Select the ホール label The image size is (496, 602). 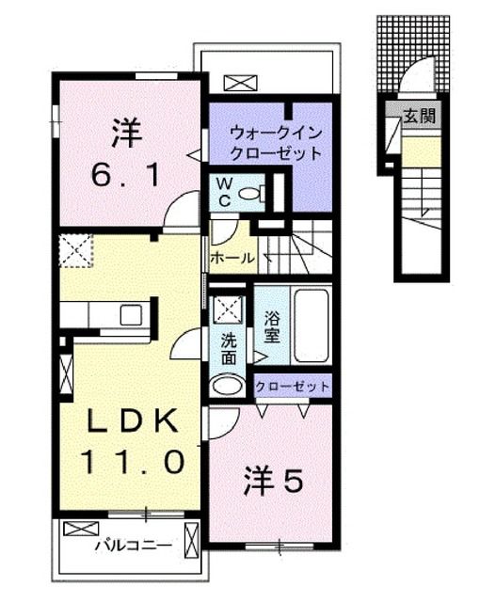pos(231,256)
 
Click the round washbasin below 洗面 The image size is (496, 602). pos(227,384)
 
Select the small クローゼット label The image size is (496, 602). pos(293,387)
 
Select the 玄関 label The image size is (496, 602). pos(419,118)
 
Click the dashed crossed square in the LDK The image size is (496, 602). pos(73,250)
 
